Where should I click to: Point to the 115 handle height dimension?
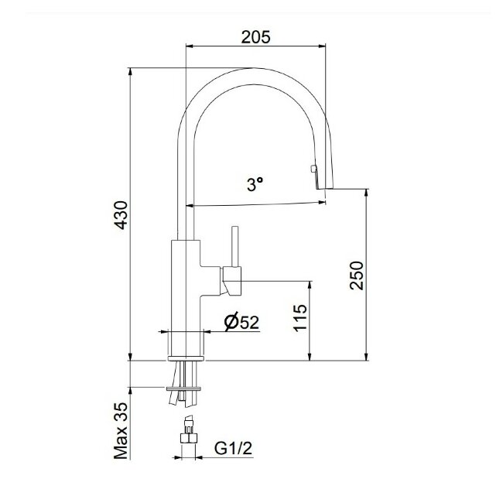(301, 319)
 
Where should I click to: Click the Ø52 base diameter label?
(241, 323)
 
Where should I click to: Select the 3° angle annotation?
(255, 184)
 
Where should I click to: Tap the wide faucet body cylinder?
(185, 294)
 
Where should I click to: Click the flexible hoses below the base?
(184, 398)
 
